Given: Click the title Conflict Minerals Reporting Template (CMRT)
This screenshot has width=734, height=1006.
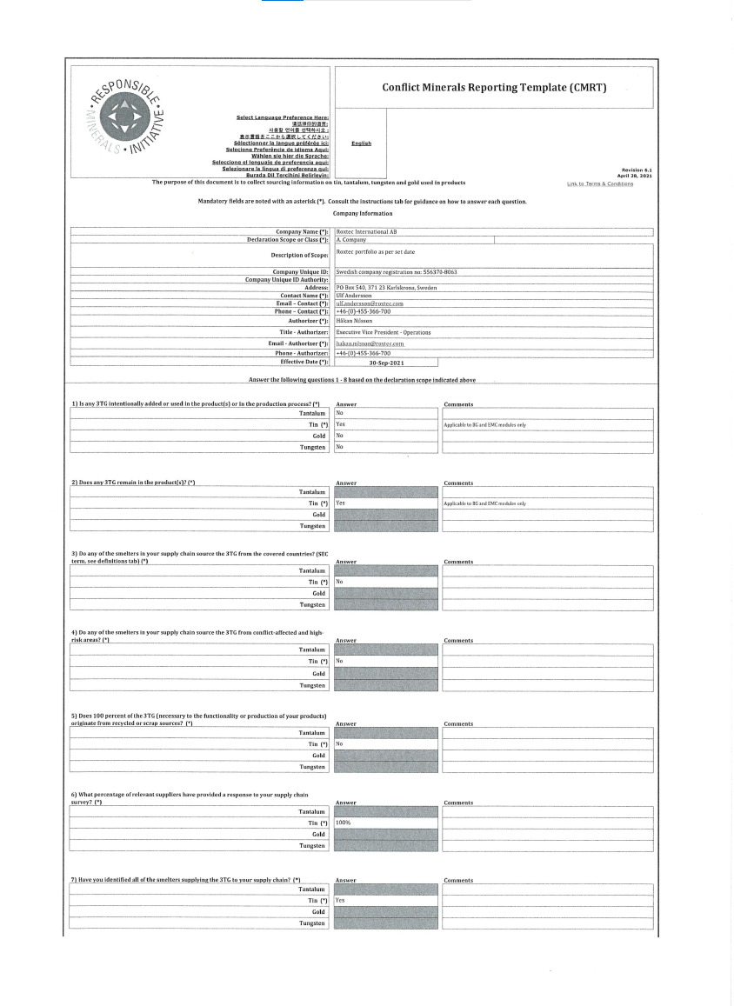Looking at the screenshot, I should point(494,88).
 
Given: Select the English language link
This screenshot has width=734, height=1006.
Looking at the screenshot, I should point(361,143).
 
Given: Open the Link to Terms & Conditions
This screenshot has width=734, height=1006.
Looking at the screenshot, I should point(600,183).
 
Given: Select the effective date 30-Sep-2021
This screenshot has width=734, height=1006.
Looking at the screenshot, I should point(385,362).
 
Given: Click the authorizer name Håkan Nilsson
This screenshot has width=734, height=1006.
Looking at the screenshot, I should point(355,320).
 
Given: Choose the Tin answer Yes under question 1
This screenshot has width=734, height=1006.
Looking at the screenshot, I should point(340,424).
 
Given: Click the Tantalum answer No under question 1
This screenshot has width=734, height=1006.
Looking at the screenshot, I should point(339,413).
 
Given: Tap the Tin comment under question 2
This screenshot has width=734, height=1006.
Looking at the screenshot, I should point(484,503).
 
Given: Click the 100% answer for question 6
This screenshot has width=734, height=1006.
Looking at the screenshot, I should point(343,823).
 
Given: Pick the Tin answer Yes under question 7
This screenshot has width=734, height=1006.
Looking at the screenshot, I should point(340,901).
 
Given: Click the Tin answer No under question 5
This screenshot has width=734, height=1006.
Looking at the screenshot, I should point(339,744).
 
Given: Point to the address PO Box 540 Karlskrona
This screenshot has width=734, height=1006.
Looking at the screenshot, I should point(386,287).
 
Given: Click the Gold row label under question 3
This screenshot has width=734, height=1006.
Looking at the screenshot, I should point(318,593).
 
